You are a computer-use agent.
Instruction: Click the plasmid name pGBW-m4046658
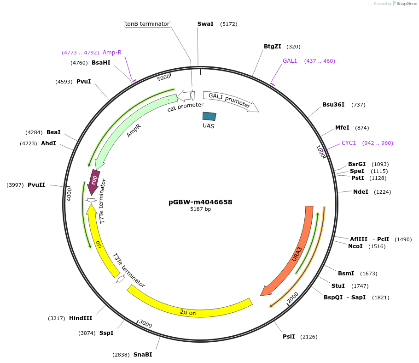(x=200, y=202)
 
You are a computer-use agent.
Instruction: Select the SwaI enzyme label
(x=205, y=24)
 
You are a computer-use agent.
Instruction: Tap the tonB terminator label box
(x=147, y=24)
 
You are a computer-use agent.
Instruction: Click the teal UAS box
(x=209, y=117)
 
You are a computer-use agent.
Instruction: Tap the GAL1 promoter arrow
(x=229, y=101)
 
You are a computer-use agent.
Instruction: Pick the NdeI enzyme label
(x=361, y=192)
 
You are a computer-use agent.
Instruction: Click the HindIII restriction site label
(x=81, y=318)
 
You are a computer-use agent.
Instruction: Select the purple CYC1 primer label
(x=349, y=143)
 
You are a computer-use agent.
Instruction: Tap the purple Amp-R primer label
(x=112, y=53)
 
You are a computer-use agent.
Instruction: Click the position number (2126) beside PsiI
(x=309, y=337)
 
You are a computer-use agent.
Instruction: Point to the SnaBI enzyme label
(x=143, y=355)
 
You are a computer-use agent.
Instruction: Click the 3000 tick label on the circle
(x=145, y=324)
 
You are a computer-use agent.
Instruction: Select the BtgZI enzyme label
(x=273, y=47)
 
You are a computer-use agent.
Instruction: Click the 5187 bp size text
(x=200, y=209)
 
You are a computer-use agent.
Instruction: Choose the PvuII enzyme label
(x=36, y=185)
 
